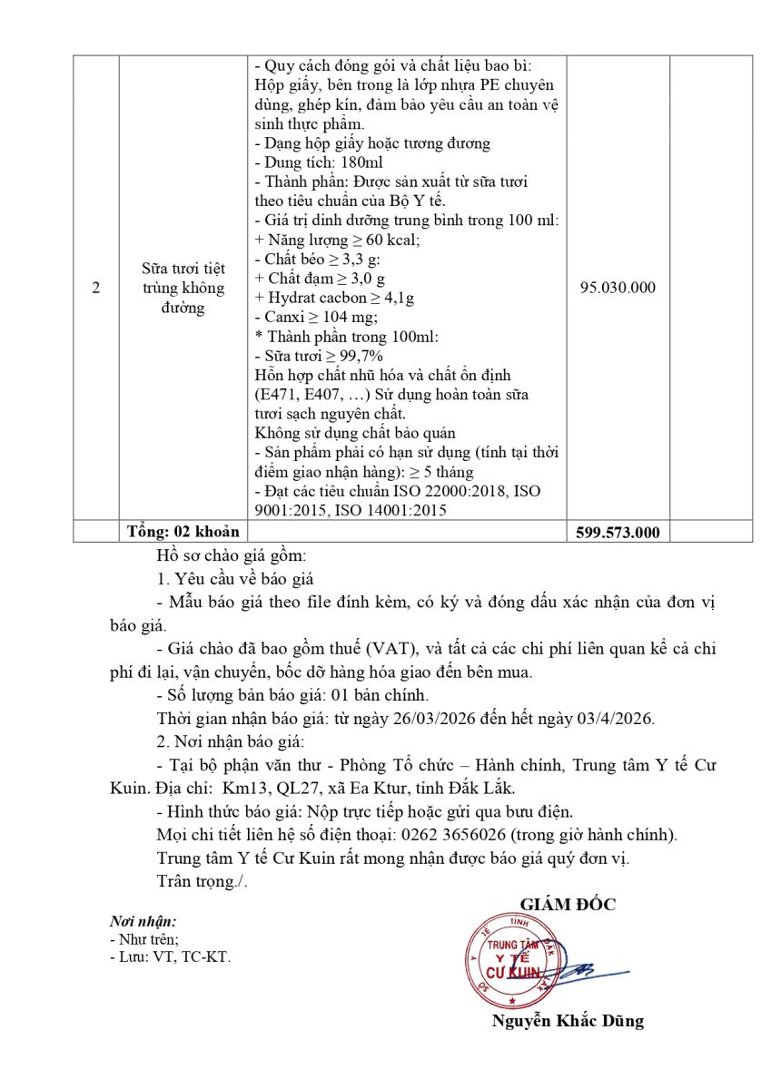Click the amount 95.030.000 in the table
618,288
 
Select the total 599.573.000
618,533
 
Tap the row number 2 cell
96,288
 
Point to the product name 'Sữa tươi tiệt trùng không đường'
183,288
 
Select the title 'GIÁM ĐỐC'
568,905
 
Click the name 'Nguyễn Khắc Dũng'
568,1021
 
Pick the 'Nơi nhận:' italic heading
143,921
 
